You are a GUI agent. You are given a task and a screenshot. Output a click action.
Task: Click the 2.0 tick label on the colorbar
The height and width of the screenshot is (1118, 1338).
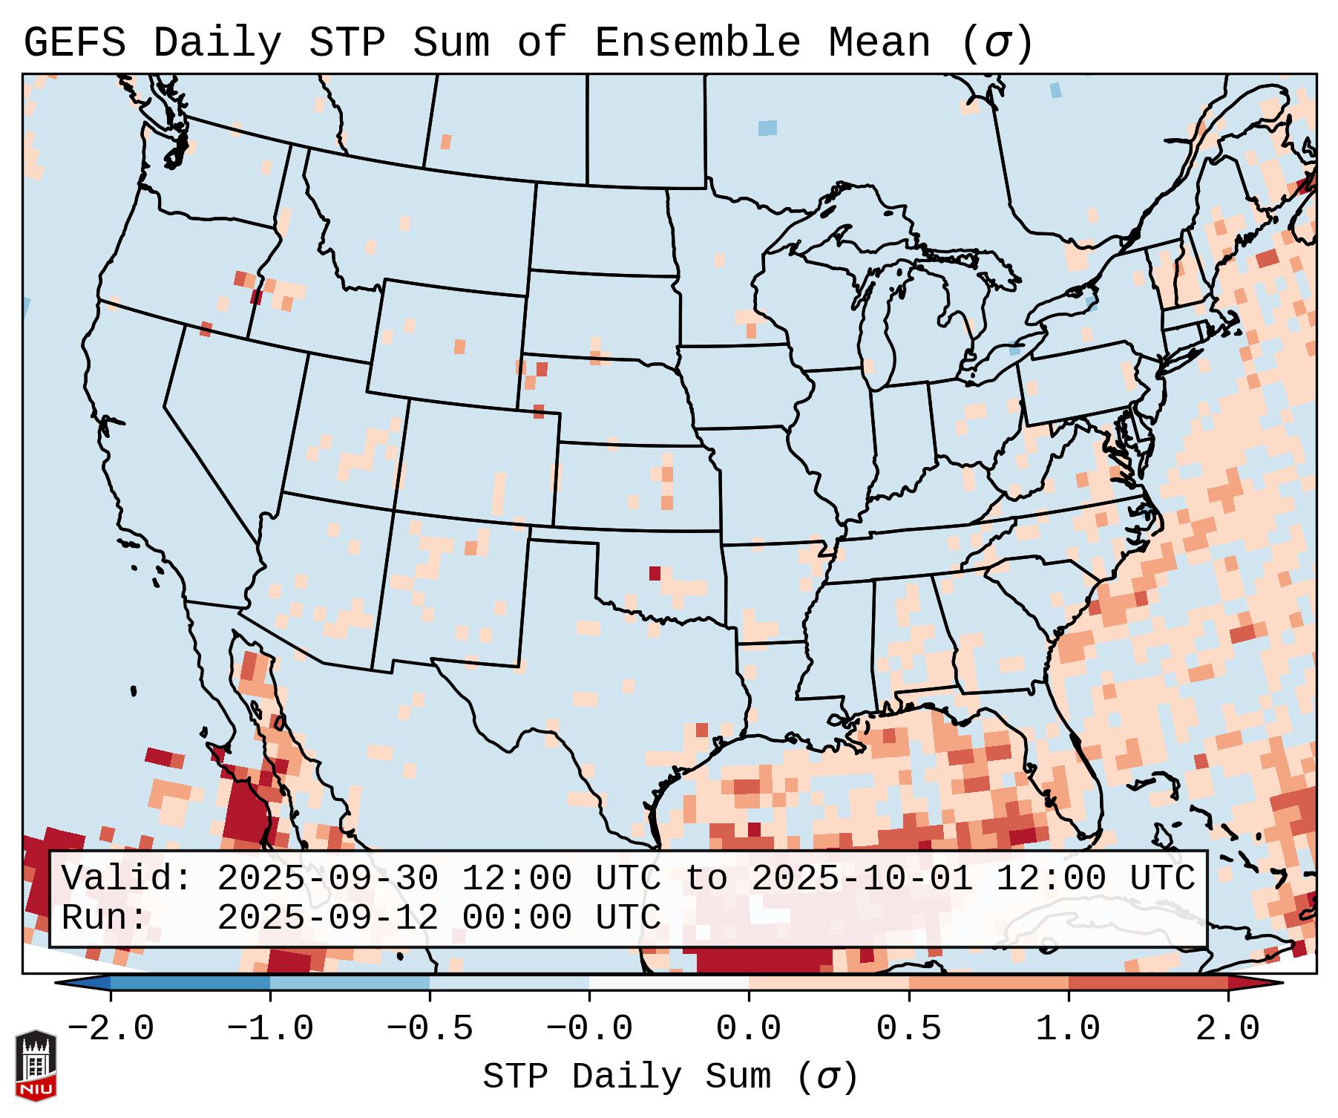click(x=1227, y=1029)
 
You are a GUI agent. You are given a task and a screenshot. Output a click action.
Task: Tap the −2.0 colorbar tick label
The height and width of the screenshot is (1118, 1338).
click(x=111, y=1029)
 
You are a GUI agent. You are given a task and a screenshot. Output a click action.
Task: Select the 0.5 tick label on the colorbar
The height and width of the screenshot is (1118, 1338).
click(x=908, y=1029)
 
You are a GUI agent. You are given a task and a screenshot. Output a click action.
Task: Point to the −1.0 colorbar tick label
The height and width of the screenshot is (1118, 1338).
click(x=270, y=1029)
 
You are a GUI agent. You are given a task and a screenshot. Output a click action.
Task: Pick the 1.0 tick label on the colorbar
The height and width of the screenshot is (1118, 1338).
click(x=1068, y=1029)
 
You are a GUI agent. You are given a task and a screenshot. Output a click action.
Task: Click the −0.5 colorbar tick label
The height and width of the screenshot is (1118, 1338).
click(x=430, y=1029)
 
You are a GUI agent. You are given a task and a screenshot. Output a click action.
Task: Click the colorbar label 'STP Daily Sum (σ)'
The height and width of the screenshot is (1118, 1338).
click(x=670, y=1076)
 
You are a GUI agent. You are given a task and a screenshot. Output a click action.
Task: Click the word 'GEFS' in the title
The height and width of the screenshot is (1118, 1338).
click(x=75, y=42)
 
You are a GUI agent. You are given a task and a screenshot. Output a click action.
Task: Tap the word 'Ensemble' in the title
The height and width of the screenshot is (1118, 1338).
click(x=697, y=42)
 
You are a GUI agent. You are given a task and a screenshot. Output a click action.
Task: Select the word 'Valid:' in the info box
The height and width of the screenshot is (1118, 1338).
click(x=127, y=878)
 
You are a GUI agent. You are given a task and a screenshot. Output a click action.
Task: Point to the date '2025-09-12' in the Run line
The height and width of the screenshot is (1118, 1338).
click(x=327, y=918)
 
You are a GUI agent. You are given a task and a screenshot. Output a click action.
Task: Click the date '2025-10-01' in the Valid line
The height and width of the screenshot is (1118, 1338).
click(x=862, y=878)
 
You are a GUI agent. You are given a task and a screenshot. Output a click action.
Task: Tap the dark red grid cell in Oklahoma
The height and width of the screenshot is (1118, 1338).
click(x=655, y=573)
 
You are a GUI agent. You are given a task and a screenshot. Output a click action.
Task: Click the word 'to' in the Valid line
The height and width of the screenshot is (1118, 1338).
click(x=706, y=878)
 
